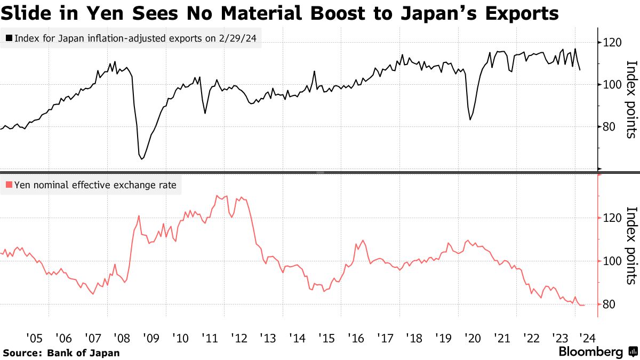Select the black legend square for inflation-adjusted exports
pos(9,38)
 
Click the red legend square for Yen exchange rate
pos(9,186)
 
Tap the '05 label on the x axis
pos(34,338)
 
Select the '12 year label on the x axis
pos(238,338)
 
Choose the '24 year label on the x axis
pos(588,338)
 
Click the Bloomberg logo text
pos(590,352)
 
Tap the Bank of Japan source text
pos(83,353)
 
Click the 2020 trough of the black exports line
pos(470,119)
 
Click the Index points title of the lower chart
pos(631,245)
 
